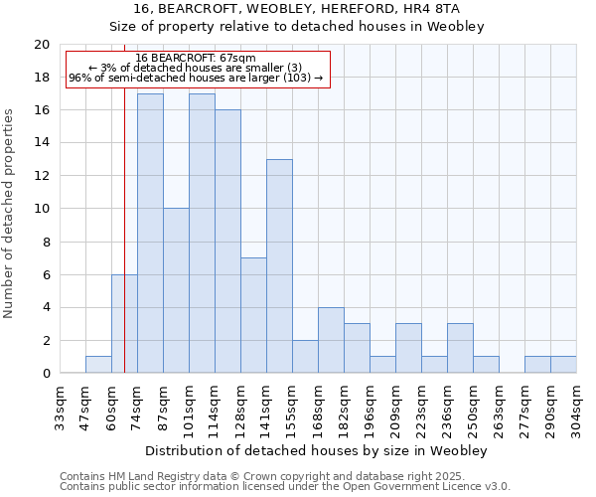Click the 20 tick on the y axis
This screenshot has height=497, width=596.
pos(42,45)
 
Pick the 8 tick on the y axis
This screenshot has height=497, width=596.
pos(46,242)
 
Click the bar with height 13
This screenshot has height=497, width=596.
pos(279,266)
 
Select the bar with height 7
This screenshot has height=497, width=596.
pos(253,315)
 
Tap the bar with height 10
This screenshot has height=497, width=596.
pos(176,290)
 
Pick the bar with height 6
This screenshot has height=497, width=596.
pos(124,323)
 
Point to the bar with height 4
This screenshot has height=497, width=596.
pos(331,340)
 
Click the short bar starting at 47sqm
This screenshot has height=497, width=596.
pos(98,365)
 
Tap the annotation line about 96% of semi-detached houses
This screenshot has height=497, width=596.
pos(196,78)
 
